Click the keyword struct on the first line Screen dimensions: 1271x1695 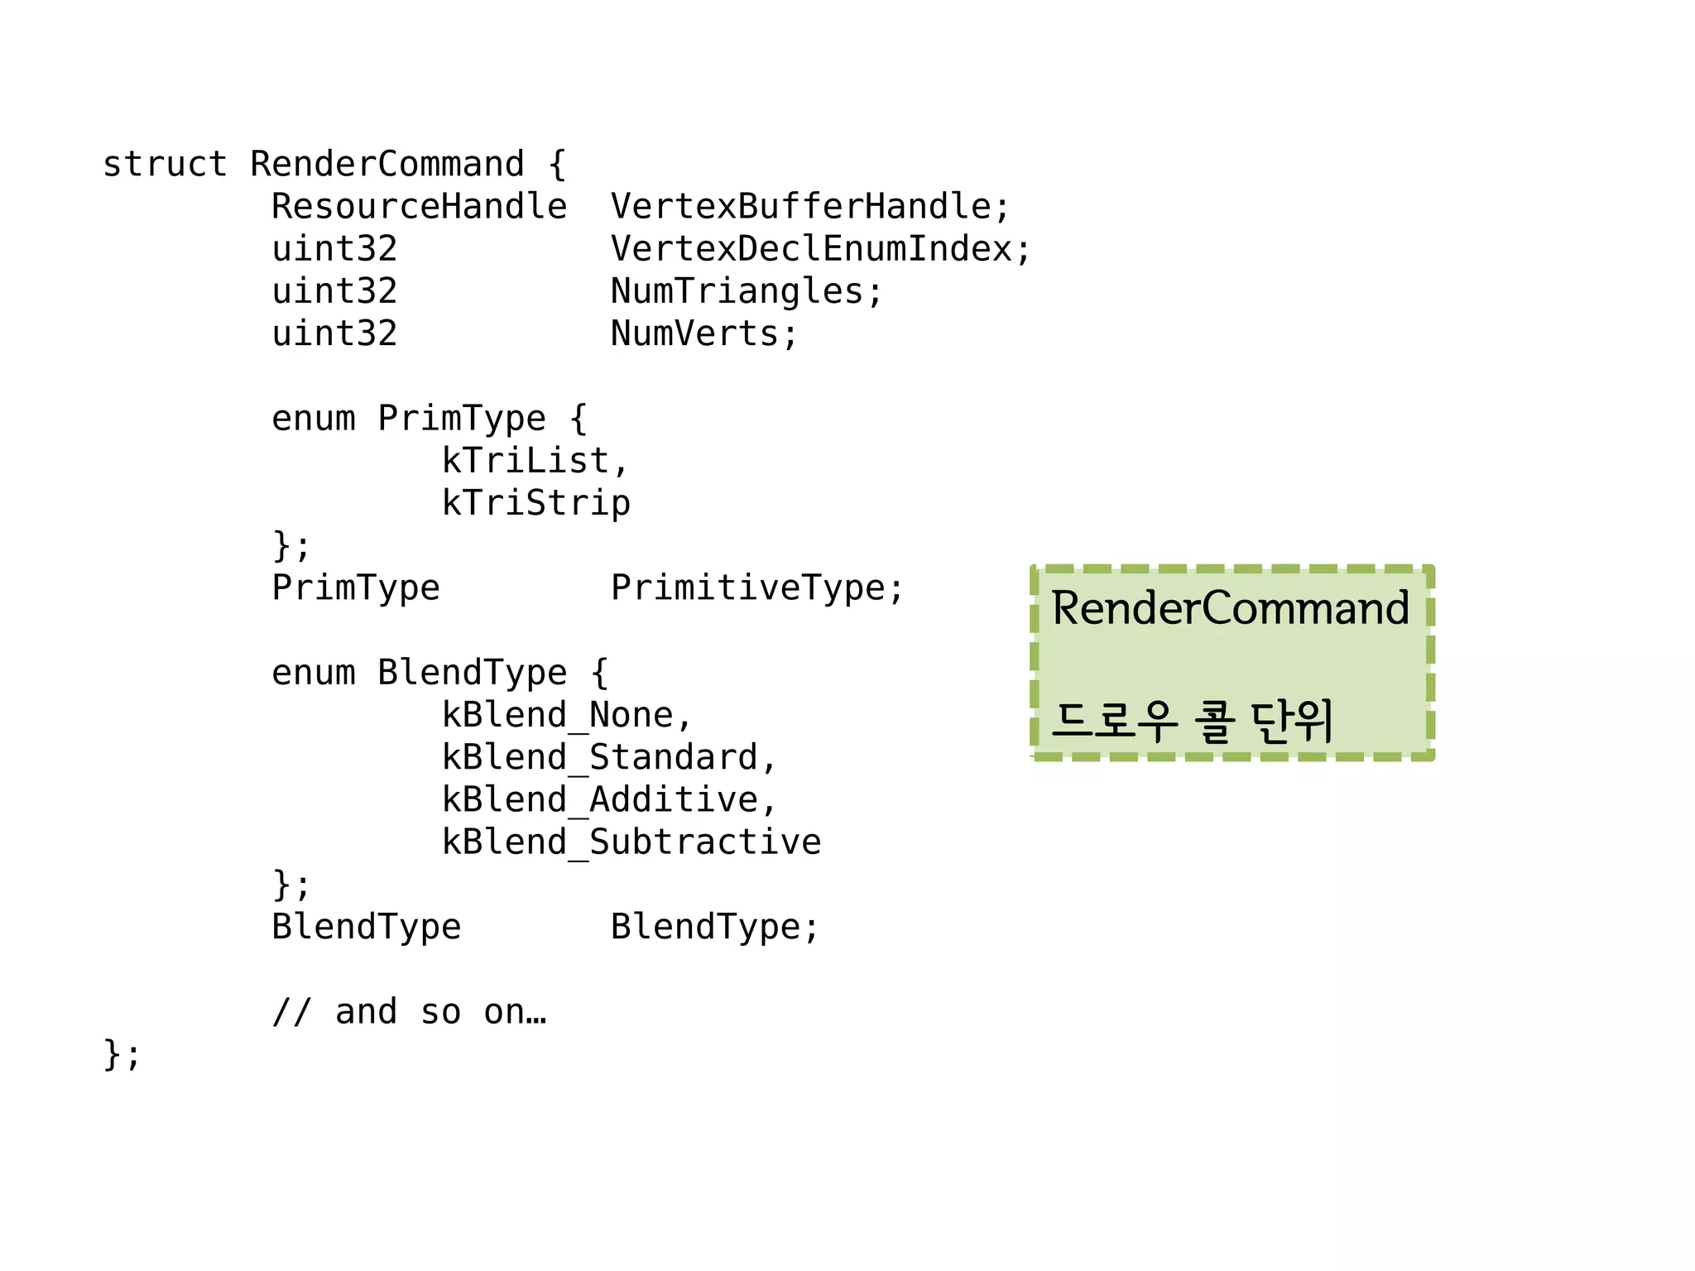coord(165,164)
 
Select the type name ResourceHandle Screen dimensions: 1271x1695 coord(419,206)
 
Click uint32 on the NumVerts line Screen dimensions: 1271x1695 coord(334,333)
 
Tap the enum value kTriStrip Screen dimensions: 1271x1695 coord(535,502)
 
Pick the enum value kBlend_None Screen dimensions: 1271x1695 coord(557,715)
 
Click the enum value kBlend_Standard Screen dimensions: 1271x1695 coord(599,757)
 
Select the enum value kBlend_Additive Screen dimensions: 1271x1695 coord(599,799)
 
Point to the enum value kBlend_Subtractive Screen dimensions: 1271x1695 coord(631,842)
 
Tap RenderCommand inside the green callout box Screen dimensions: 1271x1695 coord(1230,608)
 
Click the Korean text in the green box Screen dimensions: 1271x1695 coord(1192,720)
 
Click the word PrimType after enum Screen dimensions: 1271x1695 coord(461,418)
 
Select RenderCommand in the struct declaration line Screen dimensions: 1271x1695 coord(387,164)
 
